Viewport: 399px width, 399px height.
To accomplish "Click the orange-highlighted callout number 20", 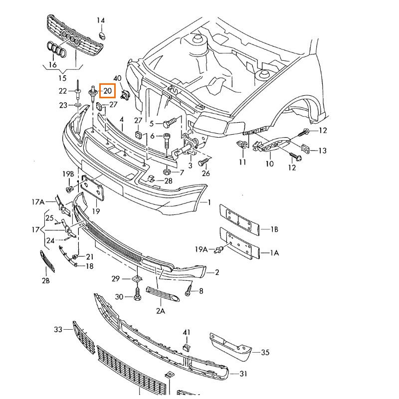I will point(107,91).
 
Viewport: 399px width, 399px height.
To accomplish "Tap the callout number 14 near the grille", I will point(101,21).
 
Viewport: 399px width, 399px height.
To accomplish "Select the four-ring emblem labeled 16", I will point(54,50).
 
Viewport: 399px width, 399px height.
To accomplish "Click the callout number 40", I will point(118,78).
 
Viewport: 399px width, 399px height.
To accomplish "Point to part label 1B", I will point(274,229).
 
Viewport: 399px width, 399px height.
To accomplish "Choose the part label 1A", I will point(274,253).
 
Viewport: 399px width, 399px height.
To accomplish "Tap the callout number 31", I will point(243,374).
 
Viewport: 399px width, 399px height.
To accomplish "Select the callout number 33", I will point(58,329).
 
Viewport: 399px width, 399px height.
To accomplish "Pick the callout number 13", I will point(322,151).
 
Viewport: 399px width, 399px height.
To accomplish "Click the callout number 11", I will point(242,163).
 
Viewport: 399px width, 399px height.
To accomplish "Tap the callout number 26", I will point(206,174).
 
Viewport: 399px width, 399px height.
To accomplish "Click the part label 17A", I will point(38,202).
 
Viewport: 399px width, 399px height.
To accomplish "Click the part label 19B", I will point(68,174).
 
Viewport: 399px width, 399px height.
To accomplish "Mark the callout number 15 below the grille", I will point(62,78).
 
